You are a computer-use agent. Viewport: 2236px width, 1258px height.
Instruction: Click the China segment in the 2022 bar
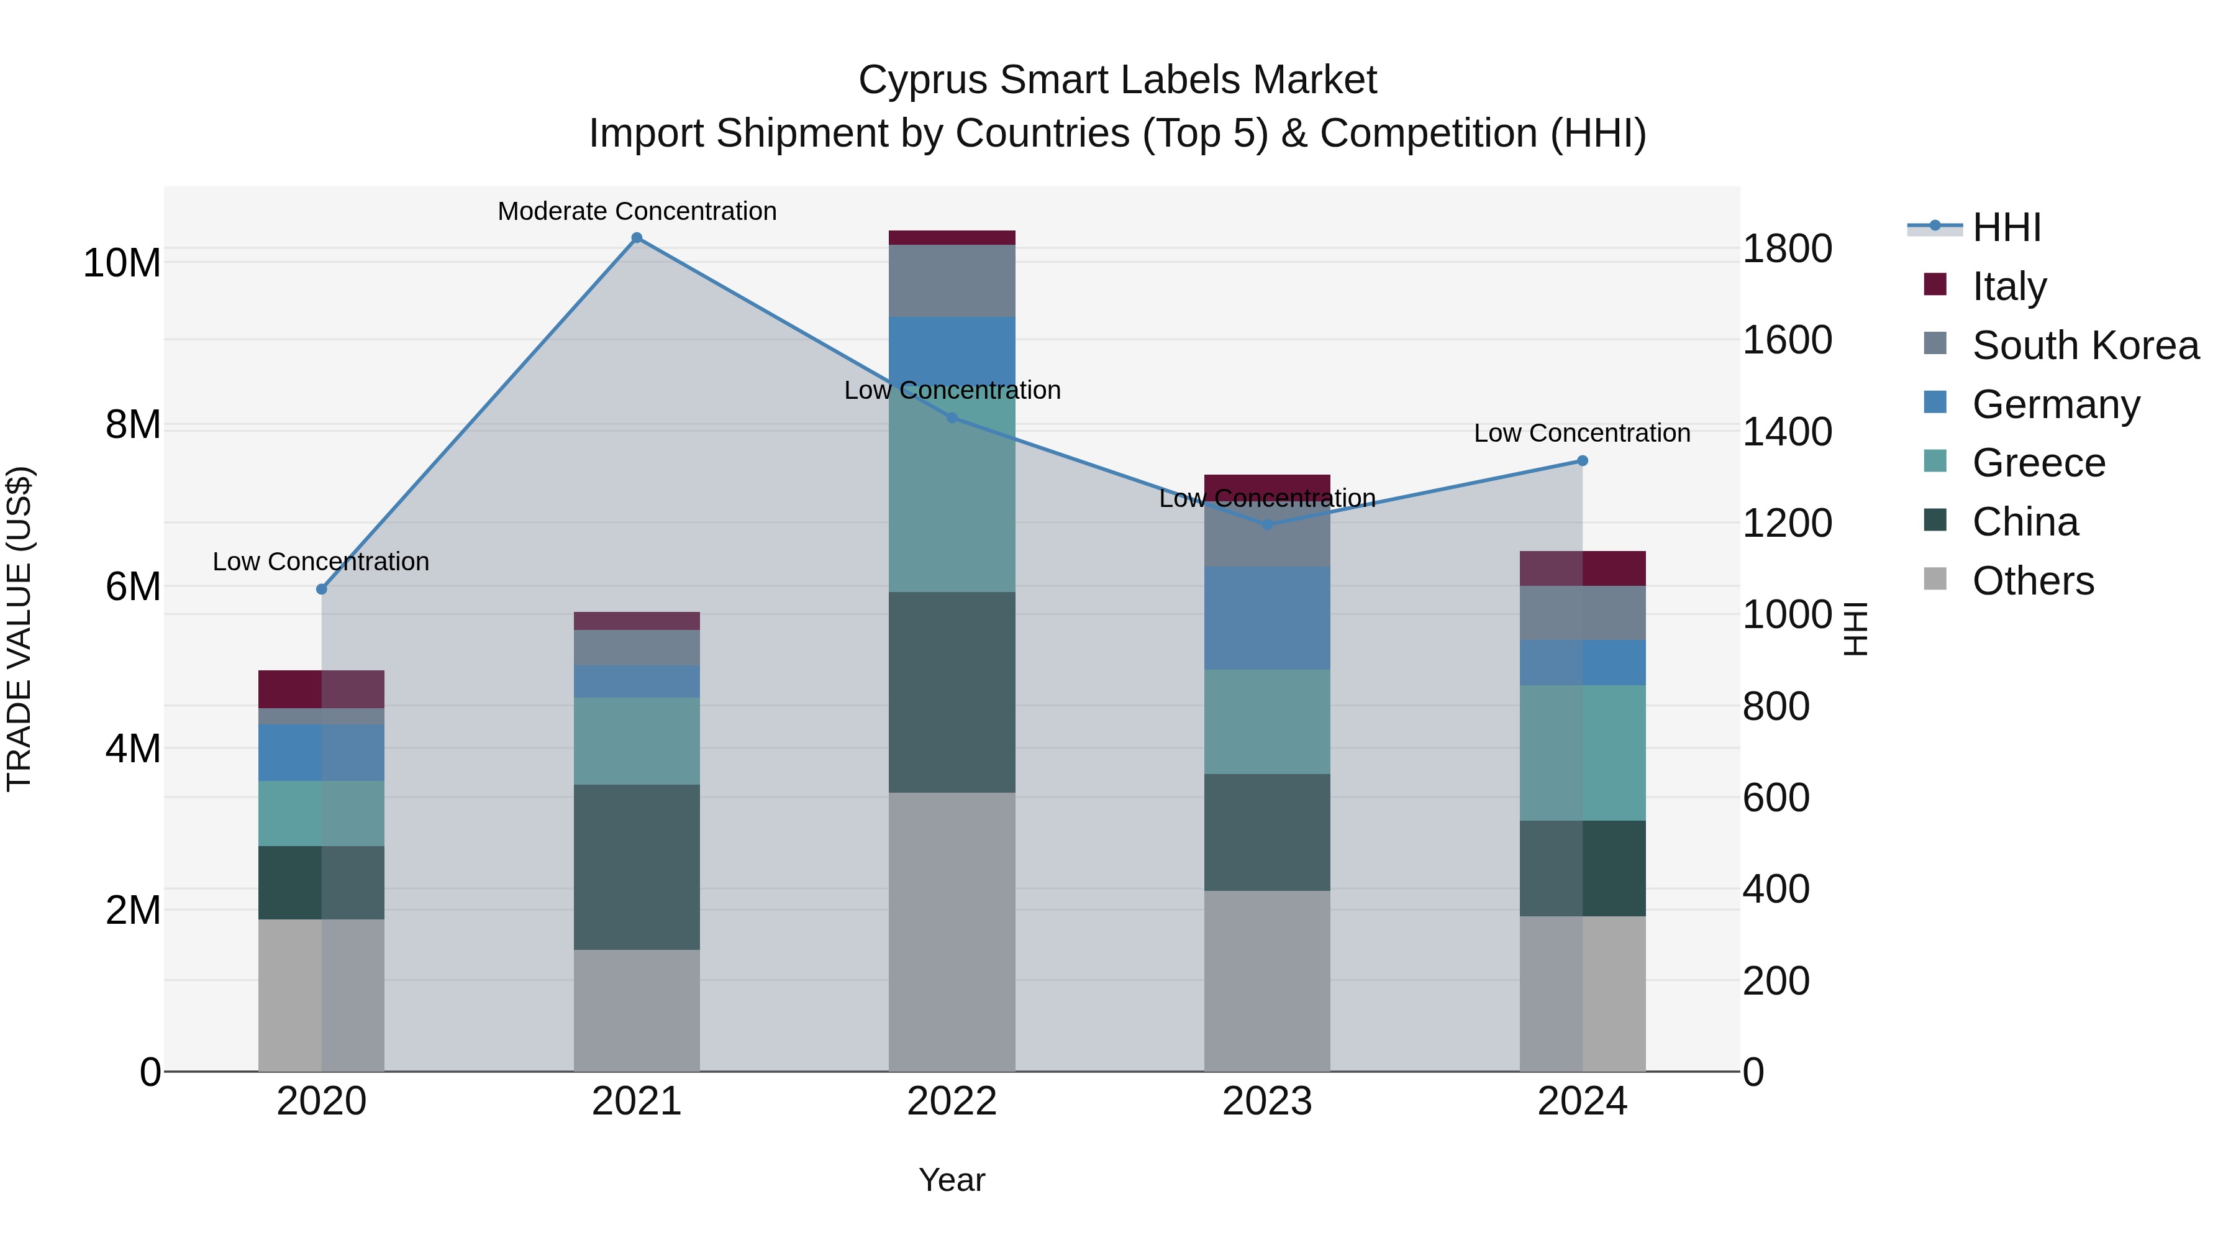(x=952, y=692)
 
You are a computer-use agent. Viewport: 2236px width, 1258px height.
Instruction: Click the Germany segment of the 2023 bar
(x=1266, y=618)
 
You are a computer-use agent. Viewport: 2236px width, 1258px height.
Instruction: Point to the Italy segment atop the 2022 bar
(x=952, y=238)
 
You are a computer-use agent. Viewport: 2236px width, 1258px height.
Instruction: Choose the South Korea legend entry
(x=2085, y=345)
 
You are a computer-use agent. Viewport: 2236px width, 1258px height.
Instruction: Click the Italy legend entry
(x=2009, y=286)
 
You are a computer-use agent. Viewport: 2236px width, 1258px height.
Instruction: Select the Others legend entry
(x=2032, y=581)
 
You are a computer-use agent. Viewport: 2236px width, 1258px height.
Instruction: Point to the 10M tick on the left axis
(x=122, y=263)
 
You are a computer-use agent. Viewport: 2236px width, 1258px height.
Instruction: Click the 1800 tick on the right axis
(x=1787, y=249)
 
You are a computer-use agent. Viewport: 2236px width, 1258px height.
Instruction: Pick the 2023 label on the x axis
(x=1266, y=1101)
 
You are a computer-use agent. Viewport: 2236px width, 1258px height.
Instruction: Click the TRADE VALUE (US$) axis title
(x=19, y=629)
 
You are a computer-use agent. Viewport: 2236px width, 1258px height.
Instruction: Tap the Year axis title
(x=952, y=1180)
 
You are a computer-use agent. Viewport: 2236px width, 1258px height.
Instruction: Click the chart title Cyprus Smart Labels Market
(x=1117, y=80)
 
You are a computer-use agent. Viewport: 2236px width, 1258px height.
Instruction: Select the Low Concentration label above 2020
(x=320, y=562)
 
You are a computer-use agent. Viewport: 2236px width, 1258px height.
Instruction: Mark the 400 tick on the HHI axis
(x=1776, y=889)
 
